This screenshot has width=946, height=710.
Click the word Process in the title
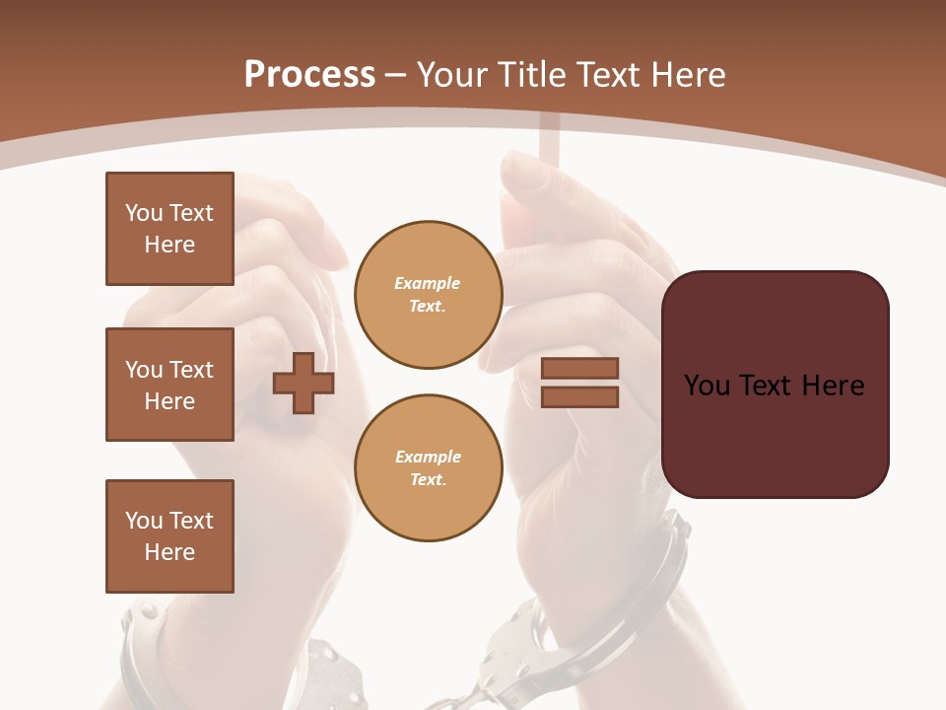click(x=309, y=74)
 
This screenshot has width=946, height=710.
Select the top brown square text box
click(x=169, y=229)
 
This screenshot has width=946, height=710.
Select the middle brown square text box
click(x=169, y=385)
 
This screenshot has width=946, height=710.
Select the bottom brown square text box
click(x=169, y=536)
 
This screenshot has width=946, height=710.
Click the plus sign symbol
click(x=304, y=384)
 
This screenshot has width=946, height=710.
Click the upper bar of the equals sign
click(x=579, y=369)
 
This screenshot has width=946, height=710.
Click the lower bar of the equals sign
click(x=579, y=397)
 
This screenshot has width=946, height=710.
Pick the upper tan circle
click(x=429, y=295)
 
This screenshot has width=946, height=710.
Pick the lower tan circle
click(x=429, y=468)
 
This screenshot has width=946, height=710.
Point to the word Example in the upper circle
click(x=428, y=283)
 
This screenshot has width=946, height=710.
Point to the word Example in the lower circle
click(x=428, y=457)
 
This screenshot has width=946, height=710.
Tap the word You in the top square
click(x=142, y=213)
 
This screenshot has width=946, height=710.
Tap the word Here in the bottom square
click(x=169, y=552)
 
